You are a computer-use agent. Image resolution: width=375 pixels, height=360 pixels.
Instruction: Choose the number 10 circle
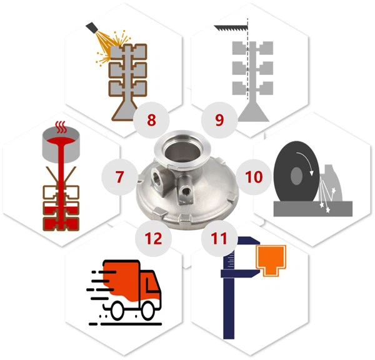(252, 177)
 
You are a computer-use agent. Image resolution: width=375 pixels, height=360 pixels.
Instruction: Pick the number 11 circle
(219, 237)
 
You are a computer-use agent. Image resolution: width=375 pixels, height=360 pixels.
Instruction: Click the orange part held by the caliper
(274, 258)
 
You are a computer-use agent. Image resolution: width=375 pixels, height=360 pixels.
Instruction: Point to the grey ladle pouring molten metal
(60, 144)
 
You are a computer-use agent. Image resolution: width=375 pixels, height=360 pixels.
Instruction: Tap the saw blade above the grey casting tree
(231, 29)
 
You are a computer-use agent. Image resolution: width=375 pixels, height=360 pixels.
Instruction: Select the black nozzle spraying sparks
(94, 27)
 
